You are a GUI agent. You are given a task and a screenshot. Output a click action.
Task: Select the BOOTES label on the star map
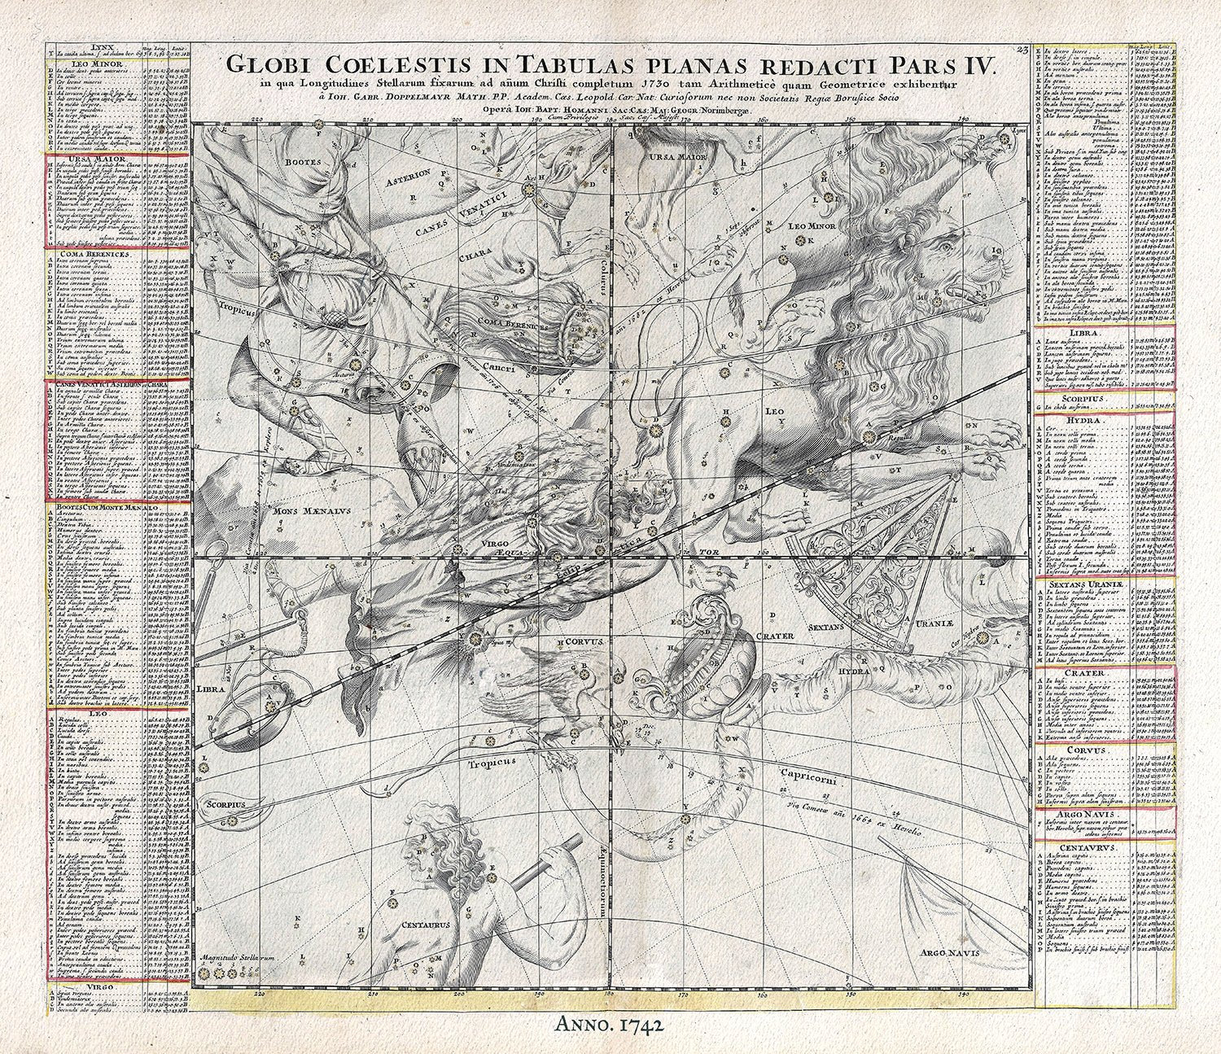click(x=276, y=162)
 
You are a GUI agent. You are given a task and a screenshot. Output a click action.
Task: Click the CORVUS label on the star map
click(x=584, y=641)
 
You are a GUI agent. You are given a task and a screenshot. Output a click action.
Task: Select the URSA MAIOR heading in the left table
click(x=81, y=149)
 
